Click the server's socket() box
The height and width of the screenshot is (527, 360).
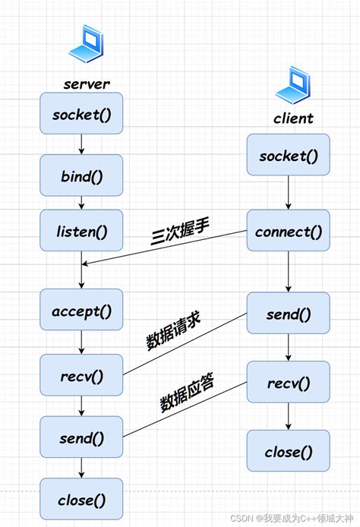coord(81,114)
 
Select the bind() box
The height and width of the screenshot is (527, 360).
coord(81,175)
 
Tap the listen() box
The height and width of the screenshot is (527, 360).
coord(81,230)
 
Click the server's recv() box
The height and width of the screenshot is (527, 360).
coord(81,375)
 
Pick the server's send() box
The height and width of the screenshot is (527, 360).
coord(81,437)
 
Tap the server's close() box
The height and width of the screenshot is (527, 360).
coord(81,499)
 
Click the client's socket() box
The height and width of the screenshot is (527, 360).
coord(289,156)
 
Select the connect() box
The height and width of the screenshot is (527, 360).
coord(289,230)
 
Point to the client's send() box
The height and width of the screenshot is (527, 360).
coord(289,312)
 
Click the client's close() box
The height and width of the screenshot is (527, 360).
coord(289,451)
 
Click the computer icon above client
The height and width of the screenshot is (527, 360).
coord(294,85)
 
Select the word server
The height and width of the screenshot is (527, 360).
coord(87,83)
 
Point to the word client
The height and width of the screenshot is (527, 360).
coord(293,118)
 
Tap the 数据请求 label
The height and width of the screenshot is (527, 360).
coord(174,331)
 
